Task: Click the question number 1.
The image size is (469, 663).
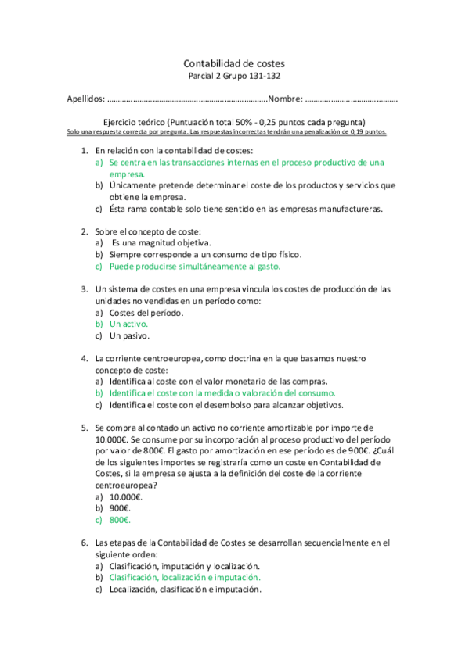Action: (x=85, y=149)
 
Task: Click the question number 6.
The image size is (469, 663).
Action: (x=85, y=542)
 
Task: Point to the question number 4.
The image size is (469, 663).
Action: (x=85, y=358)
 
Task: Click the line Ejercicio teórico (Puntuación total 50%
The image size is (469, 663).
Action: (x=235, y=123)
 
